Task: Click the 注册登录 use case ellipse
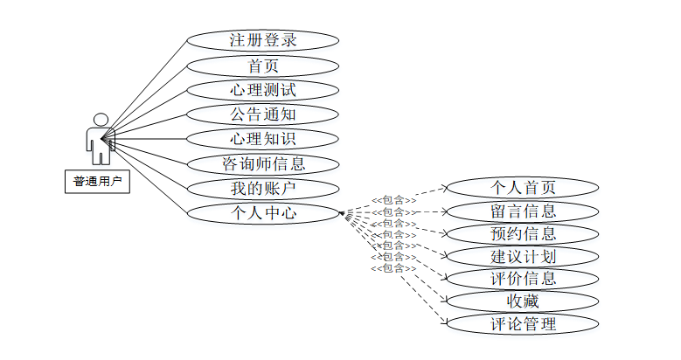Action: (x=262, y=40)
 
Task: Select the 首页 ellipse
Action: (x=262, y=65)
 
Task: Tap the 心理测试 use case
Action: (x=262, y=89)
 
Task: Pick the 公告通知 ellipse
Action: (x=262, y=114)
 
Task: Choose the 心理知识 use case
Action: (x=262, y=138)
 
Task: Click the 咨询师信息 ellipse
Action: (x=262, y=163)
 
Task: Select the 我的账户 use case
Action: (x=262, y=188)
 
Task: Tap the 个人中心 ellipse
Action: (x=262, y=212)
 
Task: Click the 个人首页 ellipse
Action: (x=522, y=187)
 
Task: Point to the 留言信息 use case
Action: (x=522, y=211)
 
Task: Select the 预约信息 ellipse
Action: (x=522, y=233)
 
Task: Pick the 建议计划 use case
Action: (x=522, y=256)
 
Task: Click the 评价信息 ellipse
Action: (x=522, y=279)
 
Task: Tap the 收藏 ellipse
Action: (x=522, y=301)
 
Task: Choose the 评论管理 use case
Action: (x=522, y=324)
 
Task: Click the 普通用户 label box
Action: (x=96, y=182)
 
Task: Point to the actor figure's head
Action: (x=101, y=119)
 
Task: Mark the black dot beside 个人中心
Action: (x=342, y=213)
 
